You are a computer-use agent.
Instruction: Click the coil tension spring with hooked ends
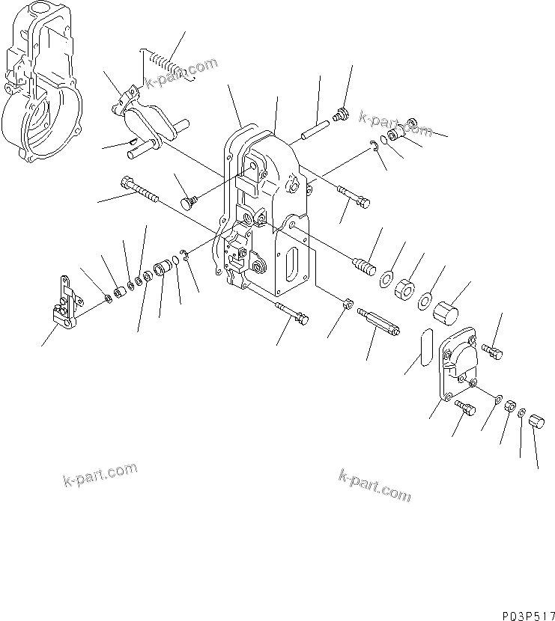169,63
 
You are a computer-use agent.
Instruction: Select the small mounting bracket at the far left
62,303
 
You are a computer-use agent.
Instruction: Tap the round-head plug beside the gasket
190,202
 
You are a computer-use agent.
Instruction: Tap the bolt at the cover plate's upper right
494,349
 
